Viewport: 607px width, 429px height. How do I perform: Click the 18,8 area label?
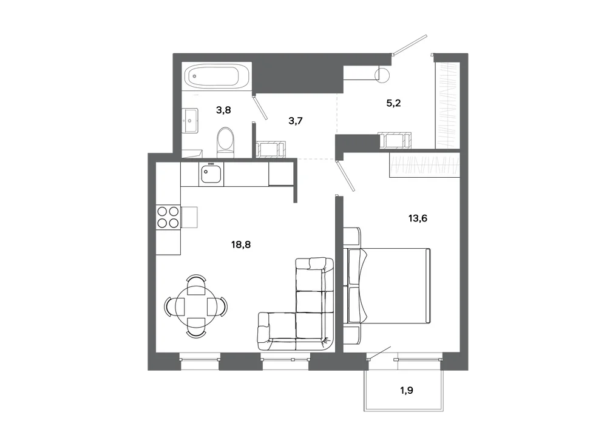coord(241,245)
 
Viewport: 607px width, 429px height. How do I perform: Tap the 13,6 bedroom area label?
coord(418,218)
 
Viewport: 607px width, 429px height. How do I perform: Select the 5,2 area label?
coord(393,103)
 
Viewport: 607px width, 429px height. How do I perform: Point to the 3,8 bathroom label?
coord(223,110)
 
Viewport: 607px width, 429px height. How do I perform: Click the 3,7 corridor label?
coord(296,121)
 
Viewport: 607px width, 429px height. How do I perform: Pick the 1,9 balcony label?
coord(407,390)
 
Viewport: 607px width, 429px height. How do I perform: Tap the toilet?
coord(226,143)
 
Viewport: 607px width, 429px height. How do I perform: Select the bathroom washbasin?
coord(191,121)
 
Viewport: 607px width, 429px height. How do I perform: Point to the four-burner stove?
coord(168,217)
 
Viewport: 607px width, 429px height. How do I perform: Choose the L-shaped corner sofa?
coord(296,305)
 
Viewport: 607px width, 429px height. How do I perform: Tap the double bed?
coord(387,285)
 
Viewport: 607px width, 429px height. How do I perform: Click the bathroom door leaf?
coord(260,107)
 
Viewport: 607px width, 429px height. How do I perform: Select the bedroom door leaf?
coord(346,177)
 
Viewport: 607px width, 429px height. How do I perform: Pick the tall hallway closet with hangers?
coord(447,105)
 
